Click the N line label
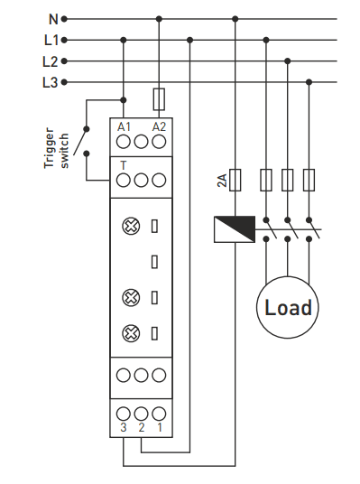[x=53, y=19]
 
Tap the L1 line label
[x=51, y=40]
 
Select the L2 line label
[x=50, y=61]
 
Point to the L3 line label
[x=50, y=82]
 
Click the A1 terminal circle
[x=124, y=142]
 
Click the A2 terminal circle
[x=159, y=142]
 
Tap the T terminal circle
[x=124, y=181]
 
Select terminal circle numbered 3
[x=124, y=414]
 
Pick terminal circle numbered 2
[x=142, y=414]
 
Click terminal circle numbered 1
[x=159, y=414]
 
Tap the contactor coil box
[x=235, y=229]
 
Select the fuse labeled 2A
[x=235, y=180]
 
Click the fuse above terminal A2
[x=159, y=99]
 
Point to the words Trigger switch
[x=56, y=148]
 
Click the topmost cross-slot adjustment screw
[x=131, y=227]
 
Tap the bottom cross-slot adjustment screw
[x=131, y=333]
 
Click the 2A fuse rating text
[x=222, y=181]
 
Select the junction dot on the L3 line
[x=309, y=82]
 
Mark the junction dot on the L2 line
[x=288, y=61]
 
